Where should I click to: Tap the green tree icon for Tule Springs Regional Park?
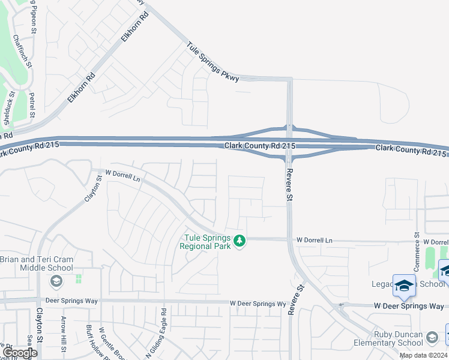click(240, 241)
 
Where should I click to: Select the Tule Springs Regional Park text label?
click(207, 242)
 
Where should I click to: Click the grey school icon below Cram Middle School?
click(56, 281)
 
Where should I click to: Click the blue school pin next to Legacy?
click(404, 285)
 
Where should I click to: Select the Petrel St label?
click(32, 104)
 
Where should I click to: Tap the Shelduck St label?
click(7, 110)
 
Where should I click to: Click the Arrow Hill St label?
click(62, 330)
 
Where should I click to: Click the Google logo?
click(20, 353)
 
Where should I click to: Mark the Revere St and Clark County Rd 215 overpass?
click(289, 142)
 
